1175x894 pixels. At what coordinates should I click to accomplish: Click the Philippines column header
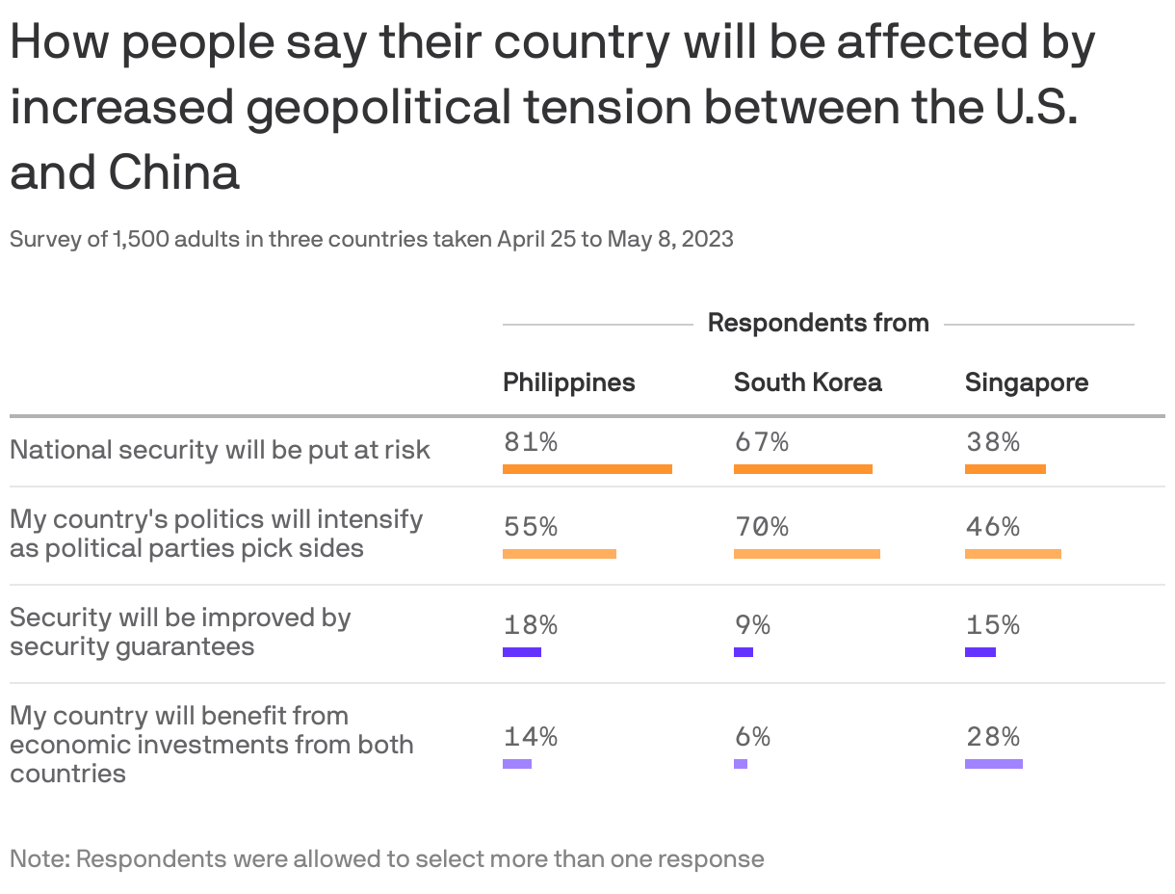(x=568, y=382)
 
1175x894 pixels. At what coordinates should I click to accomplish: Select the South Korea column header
(x=807, y=382)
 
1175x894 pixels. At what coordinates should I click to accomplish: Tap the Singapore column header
(x=1026, y=382)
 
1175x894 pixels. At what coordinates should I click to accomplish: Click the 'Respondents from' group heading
(x=818, y=323)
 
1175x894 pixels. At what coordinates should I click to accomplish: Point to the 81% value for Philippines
(x=530, y=442)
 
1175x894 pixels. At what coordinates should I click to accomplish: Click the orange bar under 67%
(x=802, y=469)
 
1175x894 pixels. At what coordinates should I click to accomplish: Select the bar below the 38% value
(x=1005, y=469)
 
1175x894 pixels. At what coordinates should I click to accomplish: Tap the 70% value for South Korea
(x=761, y=527)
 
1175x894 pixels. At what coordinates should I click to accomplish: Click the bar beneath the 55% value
(x=559, y=554)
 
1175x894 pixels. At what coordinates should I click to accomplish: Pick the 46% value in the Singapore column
(x=992, y=527)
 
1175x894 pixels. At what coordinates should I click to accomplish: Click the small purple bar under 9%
(x=743, y=652)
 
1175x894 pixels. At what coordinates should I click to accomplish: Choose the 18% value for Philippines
(x=530, y=625)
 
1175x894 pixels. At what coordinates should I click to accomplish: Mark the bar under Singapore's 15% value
(x=979, y=652)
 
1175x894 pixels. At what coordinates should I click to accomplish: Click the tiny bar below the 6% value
(x=740, y=764)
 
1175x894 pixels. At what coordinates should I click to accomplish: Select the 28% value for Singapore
(x=992, y=737)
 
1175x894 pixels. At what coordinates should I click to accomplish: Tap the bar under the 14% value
(x=516, y=764)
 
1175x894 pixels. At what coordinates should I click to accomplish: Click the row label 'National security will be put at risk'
(x=220, y=450)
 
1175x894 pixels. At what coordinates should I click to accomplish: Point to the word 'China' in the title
(x=173, y=172)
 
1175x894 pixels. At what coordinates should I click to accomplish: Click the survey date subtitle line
(x=371, y=239)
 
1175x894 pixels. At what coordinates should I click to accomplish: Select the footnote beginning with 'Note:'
(x=386, y=858)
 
